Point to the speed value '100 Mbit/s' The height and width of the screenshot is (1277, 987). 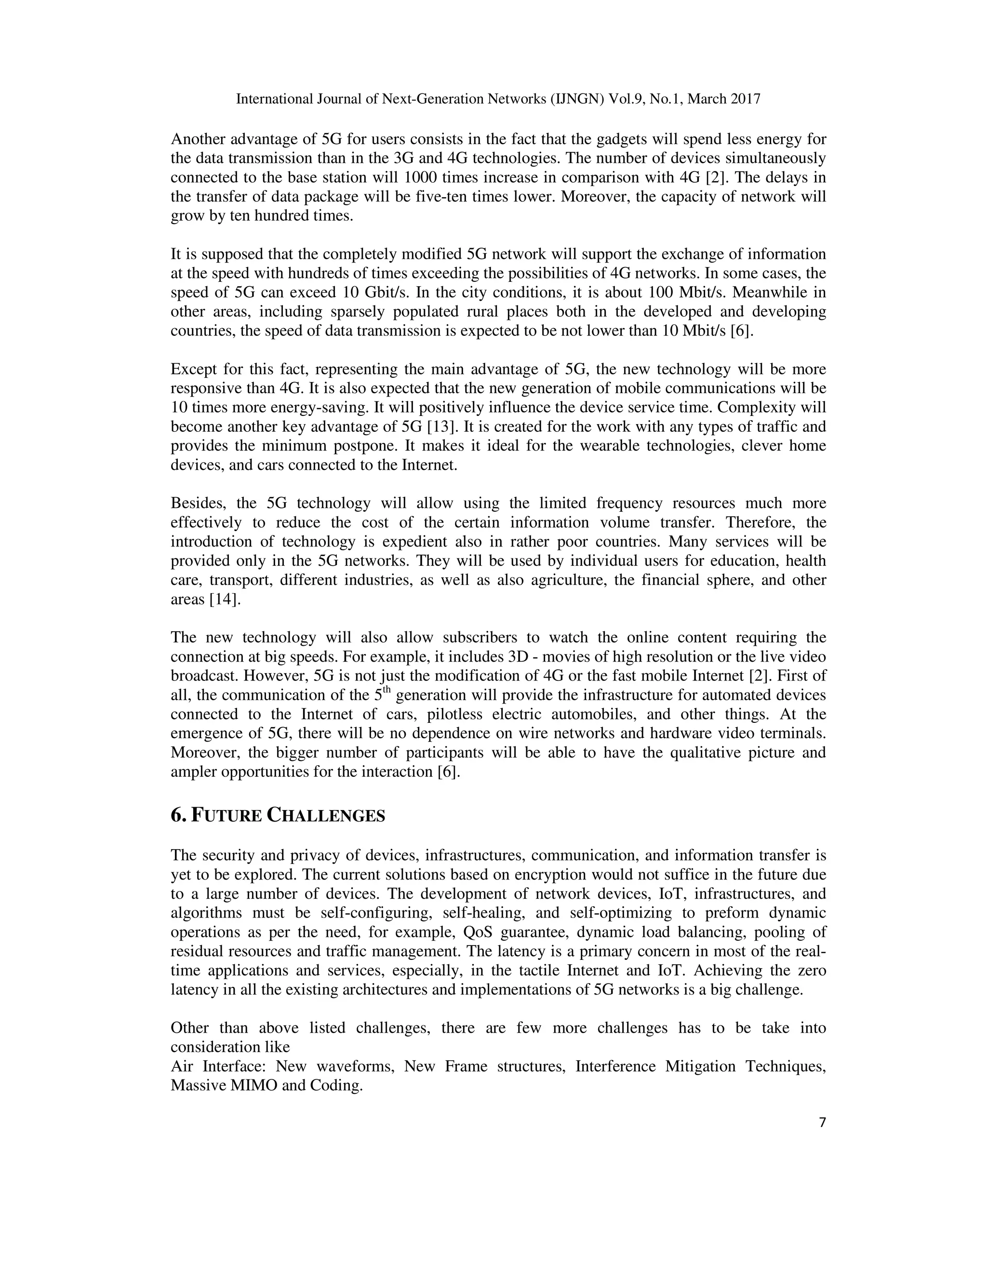tap(680, 293)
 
